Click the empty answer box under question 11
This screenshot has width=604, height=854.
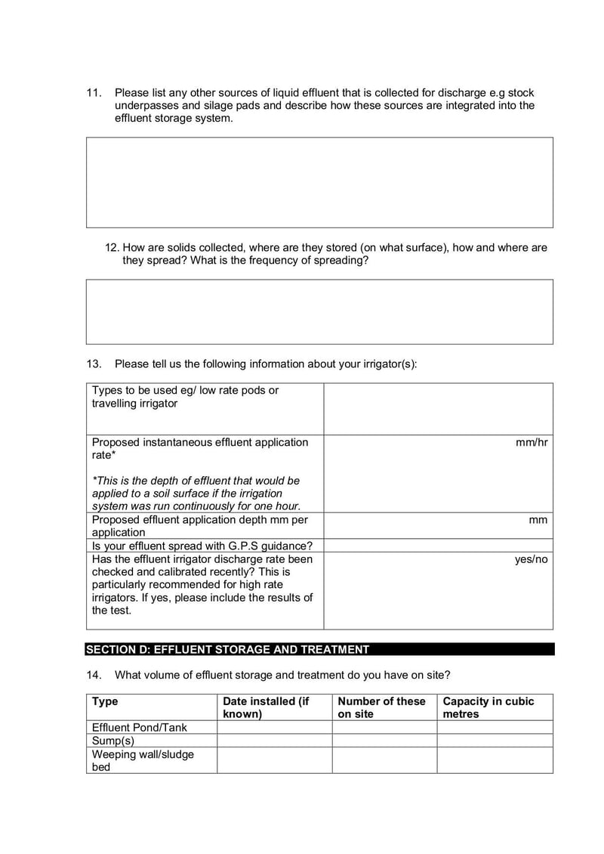[319, 182]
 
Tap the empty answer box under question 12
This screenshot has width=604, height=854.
[319, 311]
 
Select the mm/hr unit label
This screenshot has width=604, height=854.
[532, 442]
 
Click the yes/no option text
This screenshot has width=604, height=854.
[531, 559]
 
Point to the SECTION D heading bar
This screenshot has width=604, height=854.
[319, 649]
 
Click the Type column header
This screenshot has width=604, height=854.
[105, 701]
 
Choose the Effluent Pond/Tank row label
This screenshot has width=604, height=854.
[140, 727]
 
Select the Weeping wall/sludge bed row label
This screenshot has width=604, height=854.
[143, 760]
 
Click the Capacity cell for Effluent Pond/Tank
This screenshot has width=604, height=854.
[495, 727]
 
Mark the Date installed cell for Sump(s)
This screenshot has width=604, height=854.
[274, 741]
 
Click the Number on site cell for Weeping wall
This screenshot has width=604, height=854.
[384, 760]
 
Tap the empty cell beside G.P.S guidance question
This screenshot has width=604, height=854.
[438, 546]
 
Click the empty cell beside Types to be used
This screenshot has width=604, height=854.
[438, 408]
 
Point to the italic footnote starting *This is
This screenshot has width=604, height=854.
[196, 493]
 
